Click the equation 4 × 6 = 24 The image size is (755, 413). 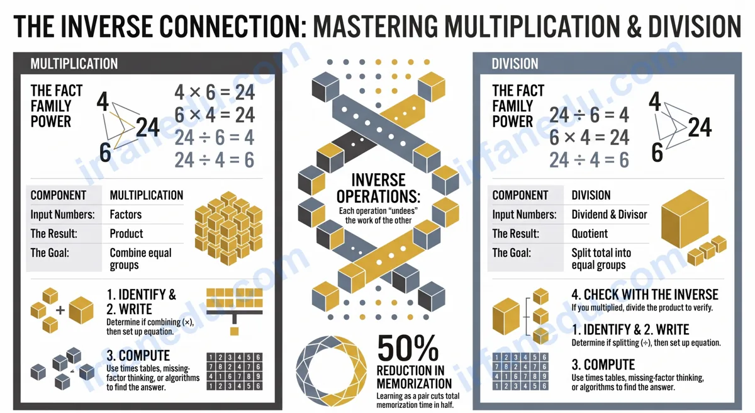215,92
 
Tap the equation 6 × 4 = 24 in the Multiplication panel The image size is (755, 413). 215,115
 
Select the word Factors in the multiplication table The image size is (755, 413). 126,215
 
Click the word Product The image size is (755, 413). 126,234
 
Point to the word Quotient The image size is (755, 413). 590,234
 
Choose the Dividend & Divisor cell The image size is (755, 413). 610,215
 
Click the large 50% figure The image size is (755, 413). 408,348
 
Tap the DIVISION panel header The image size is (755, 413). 515,64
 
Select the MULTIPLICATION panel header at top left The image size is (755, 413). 74,64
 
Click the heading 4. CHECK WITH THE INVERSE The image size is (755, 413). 645,295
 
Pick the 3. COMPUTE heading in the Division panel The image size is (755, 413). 603,365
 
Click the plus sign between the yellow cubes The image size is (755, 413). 60,310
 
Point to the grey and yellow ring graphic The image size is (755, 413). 332,371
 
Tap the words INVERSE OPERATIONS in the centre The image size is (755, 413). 379,188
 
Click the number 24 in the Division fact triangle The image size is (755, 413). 700,127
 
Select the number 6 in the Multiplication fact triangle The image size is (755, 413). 105,152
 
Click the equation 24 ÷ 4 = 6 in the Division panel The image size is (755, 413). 589,160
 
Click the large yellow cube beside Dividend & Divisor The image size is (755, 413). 685,219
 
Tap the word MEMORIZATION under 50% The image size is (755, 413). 414,383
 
